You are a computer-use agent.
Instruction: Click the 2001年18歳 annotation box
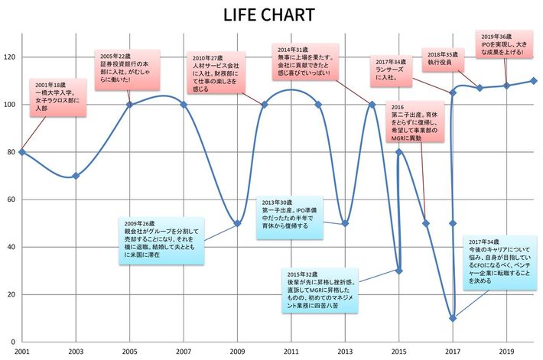57,97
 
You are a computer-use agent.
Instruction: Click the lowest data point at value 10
453,318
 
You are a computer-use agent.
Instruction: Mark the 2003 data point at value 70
75,176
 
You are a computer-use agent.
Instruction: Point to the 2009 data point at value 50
237,223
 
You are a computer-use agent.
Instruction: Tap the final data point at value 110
533,80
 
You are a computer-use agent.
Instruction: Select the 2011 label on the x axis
291,352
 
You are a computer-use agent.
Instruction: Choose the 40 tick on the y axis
11,247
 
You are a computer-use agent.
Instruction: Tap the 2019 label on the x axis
507,352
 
